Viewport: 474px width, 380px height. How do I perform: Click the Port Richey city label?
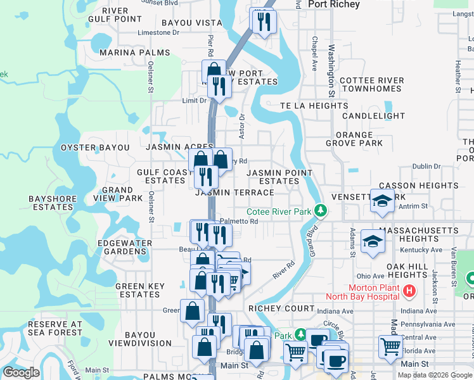[x=333, y=4]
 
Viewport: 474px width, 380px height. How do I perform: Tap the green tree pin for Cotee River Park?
[x=321, y=210]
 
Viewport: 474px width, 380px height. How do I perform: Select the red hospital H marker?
[x=409, y=291]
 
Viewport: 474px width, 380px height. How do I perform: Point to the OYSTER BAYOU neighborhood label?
[x=95, y=148]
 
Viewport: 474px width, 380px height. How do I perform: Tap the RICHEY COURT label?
[x=281, y=308]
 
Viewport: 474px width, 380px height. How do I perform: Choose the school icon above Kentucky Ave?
[x=373, y=241]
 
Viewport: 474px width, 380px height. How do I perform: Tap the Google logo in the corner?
[x=21, y=372]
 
